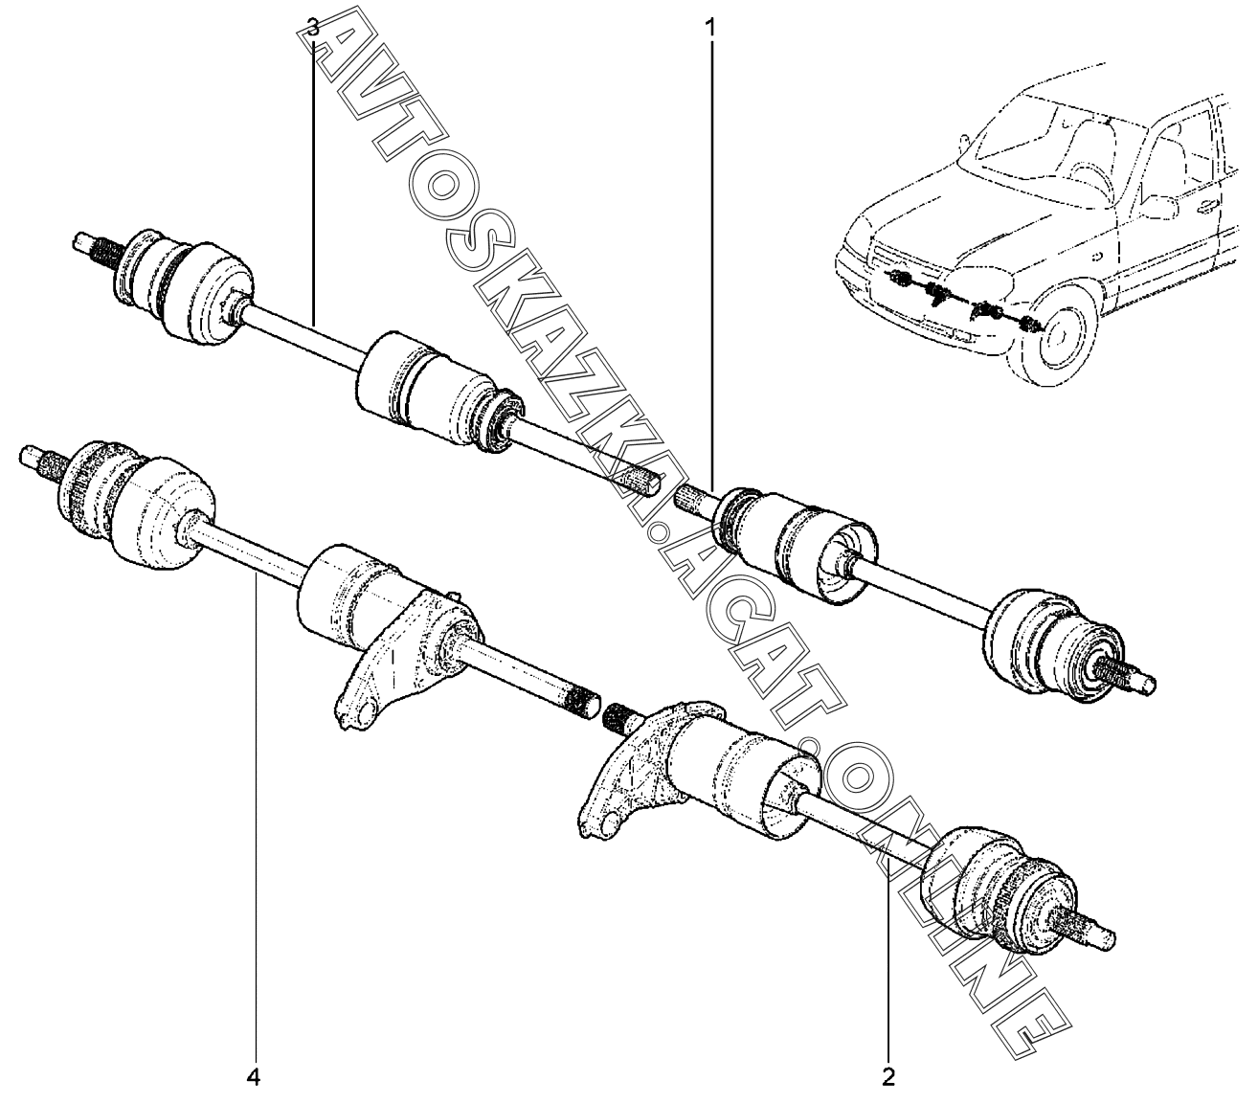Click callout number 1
pos(709,28)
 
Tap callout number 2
pos(888,1076)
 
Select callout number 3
pos(313,28)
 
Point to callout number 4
pos(254,1077)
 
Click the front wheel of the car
pos(1055,339)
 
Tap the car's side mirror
pos(1158,207)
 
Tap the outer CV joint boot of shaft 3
pos(187,284)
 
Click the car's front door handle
pos(1207,204)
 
